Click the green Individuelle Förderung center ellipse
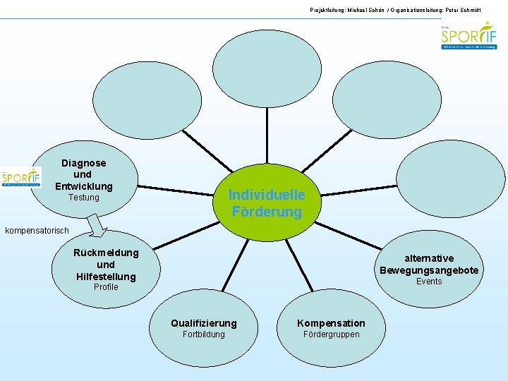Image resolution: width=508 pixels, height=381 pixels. click(x=267, y=203)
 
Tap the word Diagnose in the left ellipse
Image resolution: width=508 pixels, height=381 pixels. click(x=83, y=163)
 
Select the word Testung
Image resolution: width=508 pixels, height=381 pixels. click(x=83, y=198)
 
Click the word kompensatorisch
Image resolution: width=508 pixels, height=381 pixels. click(x=37, y=231)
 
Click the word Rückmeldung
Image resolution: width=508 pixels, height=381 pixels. click(x=106, y=253)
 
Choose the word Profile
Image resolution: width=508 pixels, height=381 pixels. click(x=106, y=287)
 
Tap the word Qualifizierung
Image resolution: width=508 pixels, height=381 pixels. click(x=204, y=323)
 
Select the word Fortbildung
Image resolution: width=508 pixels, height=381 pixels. click(x=203, y=334)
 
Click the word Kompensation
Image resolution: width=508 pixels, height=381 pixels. click(x=331, y=323)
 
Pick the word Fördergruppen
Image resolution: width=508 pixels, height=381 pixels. click(x=331, y=334)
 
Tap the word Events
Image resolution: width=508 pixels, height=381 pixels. click(x=428, y=282)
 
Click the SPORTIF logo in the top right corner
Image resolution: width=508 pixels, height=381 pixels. click(x=468, y=35)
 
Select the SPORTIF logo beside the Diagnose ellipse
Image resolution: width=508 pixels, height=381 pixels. click(x=21, y=177)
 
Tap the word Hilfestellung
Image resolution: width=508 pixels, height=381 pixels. click(x=106, y=276)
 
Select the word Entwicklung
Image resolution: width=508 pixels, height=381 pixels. click(x=83, y=186)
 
